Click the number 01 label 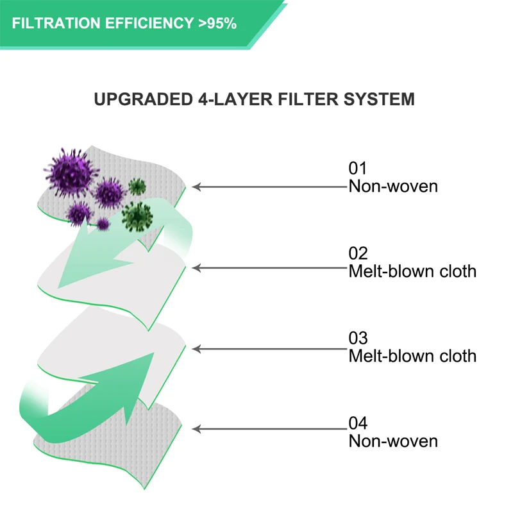tap(357, 169)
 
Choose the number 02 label tap(358, 254)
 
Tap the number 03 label tap(358, 338)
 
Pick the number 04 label tap(358, 424)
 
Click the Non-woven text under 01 tap(393, 187)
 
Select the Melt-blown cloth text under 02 tap(412, 271)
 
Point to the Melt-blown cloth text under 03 tap(412, 355)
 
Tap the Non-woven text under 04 tap(393, 441)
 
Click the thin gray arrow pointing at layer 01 tap(269, 187)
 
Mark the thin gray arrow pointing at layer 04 tap(269, 429)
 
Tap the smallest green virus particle tap(137, 187)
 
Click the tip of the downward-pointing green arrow tap(60, 285)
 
